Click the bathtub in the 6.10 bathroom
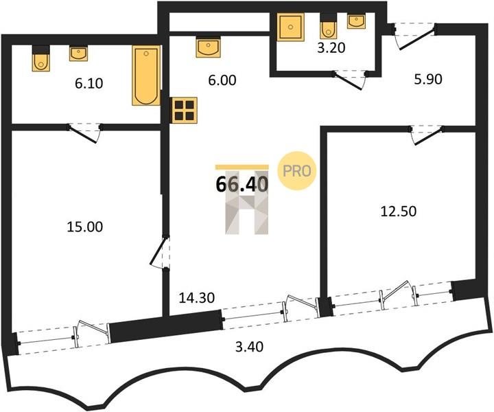[x=146, y=76]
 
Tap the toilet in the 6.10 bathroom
[x=41, y=59]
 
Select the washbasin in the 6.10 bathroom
[x=78, y=54]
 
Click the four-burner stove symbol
[x=184, y=111]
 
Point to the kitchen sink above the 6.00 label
[x=208, y=47]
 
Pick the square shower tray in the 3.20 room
[x=290, y=27]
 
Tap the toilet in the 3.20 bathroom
[x=328, y=27]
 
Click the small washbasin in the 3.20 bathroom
[x=356, y=21]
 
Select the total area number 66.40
[x=242, y=184]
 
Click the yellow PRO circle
[x=297, y=171]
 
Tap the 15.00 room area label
[x=85, y=227]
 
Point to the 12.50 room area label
[x=399, y=211]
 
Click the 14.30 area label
[x=197, y=297]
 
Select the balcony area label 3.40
[x=249, y=347]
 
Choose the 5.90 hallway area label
[x=428, y=79]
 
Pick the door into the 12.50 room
[x=427, y=135]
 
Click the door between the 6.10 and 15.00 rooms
[x=84, y=134]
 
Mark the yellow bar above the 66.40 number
[x=242, y=168]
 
